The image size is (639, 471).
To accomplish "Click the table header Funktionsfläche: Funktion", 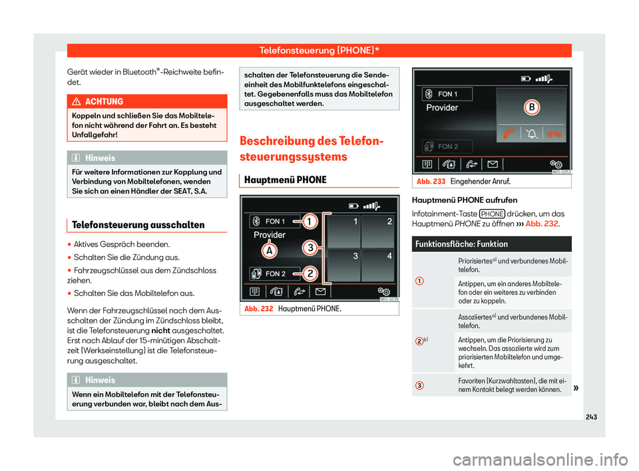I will (461, 243).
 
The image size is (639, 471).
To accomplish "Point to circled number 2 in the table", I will (419, 341).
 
